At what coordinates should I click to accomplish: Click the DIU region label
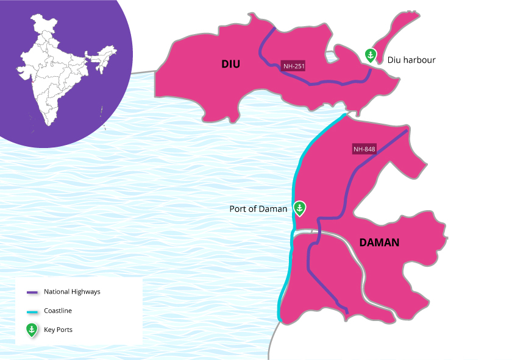tap(232, 63)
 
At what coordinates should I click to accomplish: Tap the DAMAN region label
tap(379, 242)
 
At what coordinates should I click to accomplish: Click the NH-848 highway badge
tap(364, 149)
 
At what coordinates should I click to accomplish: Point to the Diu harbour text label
tap(411, 60)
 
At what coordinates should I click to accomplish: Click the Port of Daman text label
tap(258, 209)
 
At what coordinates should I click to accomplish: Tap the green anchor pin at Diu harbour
tap(369, 55)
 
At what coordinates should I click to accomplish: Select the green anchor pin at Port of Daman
tap(299, 208)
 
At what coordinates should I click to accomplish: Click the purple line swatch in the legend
tap(32, 292)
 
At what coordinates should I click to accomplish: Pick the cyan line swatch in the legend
tap(32, 311)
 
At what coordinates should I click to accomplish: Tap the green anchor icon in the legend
tap(32, 330)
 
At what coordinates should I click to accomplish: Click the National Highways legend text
tap(72, 292)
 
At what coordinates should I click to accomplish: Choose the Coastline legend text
tap(58, 311)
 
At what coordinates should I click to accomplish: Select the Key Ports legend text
tap(59, 330)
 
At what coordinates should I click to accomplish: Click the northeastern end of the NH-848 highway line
tap(407, 130)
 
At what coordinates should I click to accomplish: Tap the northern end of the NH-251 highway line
tap(274, 29)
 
